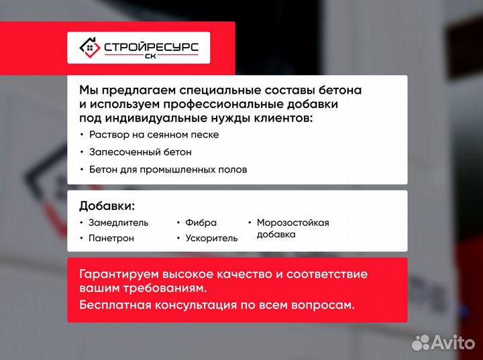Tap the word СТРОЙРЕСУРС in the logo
[x=150, y=47]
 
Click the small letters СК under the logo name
[x=150, y=58]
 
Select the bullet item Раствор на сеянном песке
[x=154, y=134]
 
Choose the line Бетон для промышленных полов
[x=168, y=170]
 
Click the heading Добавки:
[x=107, y=205]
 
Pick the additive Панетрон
[x=111, y=238]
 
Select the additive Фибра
[x=201, y=223]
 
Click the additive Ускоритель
[x=211, y=238]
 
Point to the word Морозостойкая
[x=292, y=223]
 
